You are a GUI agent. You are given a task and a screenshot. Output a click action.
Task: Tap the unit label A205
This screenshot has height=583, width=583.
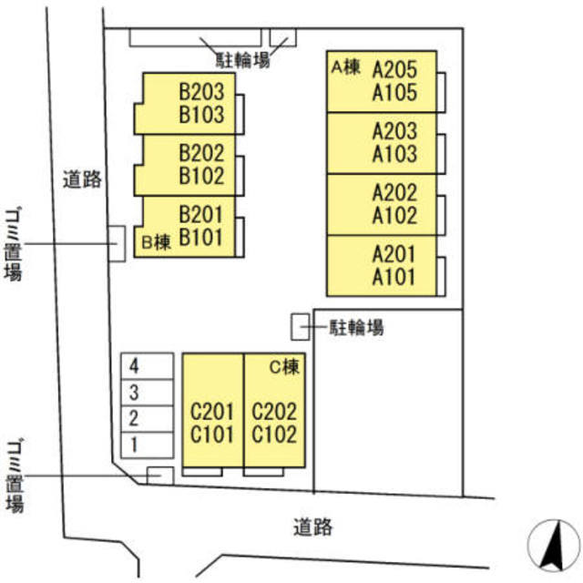394,70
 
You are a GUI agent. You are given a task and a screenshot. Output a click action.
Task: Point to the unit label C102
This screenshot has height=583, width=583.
274,435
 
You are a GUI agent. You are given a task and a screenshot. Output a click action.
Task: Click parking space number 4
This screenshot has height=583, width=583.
134,367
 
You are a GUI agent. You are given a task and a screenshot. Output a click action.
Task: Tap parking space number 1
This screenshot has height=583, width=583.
134,445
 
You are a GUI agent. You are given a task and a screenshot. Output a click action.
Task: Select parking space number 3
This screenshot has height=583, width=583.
134,394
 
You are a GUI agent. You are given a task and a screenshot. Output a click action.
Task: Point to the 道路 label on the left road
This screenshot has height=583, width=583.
81,179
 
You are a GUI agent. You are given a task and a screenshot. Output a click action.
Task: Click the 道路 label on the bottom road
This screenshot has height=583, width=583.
312,526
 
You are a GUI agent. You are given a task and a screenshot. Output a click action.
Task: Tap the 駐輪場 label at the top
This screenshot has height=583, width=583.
242,61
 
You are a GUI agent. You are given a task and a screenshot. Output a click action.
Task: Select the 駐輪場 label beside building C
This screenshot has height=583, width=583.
356,326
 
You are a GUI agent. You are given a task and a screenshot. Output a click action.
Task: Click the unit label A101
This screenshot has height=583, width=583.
394,277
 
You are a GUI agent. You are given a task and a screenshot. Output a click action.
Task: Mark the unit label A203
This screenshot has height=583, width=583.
394,131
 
